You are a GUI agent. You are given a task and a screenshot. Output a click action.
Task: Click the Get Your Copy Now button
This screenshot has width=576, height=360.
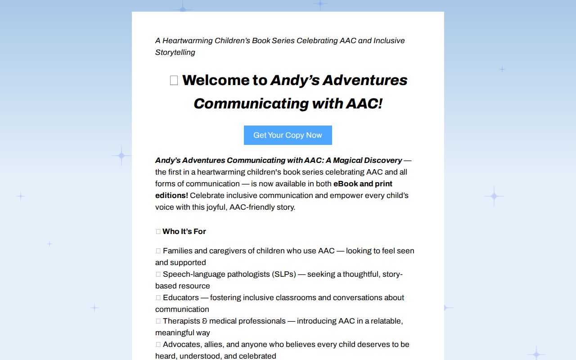click(288, 135)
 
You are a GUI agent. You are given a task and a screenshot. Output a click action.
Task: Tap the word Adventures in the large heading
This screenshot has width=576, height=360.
click(365, 80)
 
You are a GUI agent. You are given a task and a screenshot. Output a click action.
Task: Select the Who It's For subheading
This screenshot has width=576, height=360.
click(184, 231)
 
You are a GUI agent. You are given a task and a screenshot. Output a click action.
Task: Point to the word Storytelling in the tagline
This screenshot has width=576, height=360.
click(175, 52)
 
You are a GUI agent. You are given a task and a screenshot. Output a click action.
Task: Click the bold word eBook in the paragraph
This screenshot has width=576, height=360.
click(345, 184)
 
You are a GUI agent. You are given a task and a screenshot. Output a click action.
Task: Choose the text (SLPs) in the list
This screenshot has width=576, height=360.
click(283, 274)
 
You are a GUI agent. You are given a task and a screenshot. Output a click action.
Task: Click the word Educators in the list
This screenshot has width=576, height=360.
click(180, 297)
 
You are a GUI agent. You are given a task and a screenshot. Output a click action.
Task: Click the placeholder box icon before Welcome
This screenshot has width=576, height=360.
click(174, 81)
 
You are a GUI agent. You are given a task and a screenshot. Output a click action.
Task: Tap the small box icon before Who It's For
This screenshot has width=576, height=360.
click(158, 232)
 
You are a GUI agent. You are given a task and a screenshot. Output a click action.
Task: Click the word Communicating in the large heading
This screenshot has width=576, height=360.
click(251, 103)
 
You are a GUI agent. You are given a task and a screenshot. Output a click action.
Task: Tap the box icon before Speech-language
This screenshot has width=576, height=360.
click(158, 274)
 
